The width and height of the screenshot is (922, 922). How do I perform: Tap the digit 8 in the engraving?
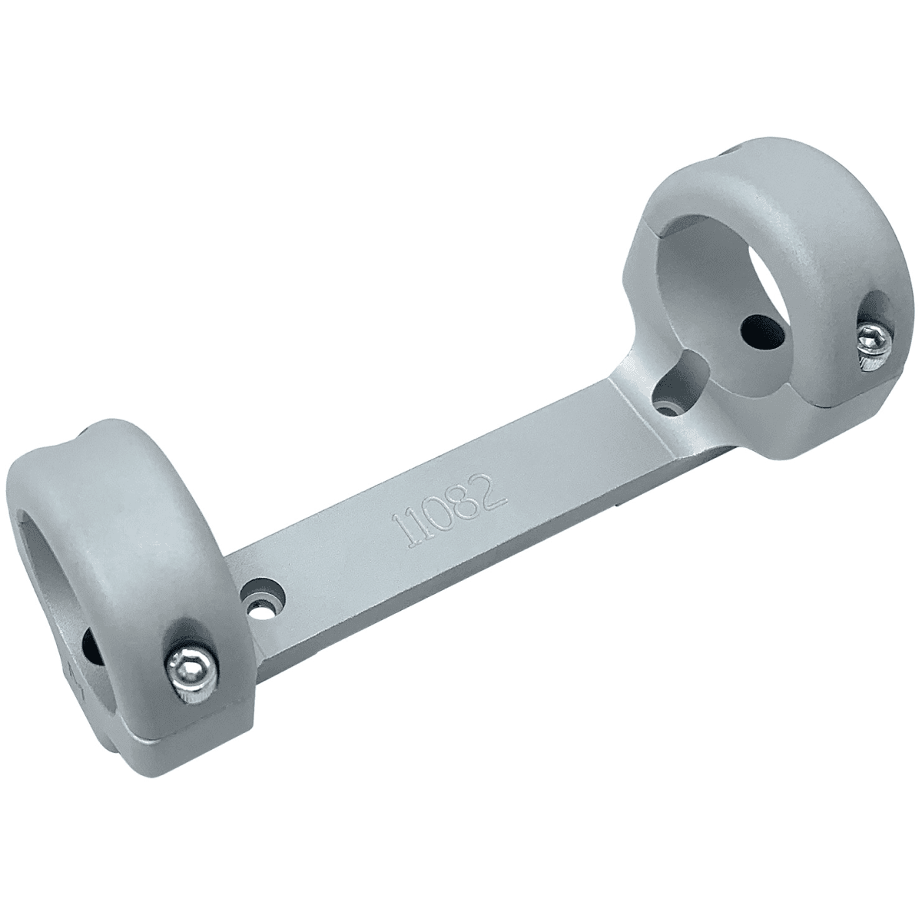[471, 499]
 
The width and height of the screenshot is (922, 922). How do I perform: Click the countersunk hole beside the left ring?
[262, 598]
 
